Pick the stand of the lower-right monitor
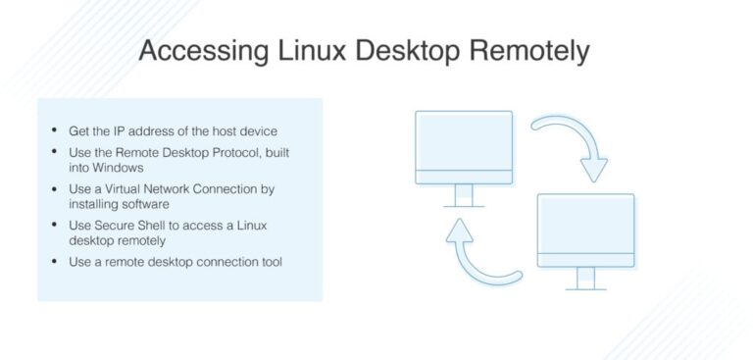pos(586,280)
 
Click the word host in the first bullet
pos(231,131)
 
